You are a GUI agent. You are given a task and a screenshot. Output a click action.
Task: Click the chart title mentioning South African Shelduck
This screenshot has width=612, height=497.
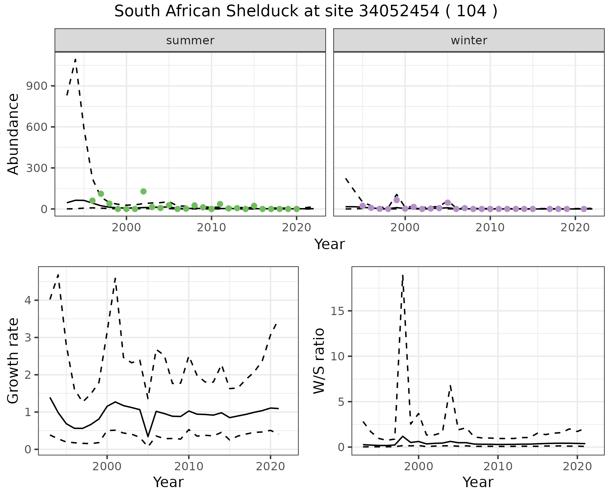(306, 11)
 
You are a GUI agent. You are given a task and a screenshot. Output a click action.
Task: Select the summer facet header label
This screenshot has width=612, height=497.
(190, 40)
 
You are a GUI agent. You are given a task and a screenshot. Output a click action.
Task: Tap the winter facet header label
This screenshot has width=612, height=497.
(469, 40)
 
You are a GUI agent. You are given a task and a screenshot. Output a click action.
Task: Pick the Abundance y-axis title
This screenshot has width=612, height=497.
(13, 134)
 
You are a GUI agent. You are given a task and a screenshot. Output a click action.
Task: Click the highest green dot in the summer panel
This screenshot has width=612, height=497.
(143, 191)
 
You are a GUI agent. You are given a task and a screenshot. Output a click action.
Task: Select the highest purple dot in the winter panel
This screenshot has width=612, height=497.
(397, 200)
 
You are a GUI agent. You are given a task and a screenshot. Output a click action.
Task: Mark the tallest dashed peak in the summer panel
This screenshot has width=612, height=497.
(75, 59)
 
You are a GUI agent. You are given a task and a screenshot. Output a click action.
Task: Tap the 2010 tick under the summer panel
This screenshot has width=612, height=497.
(211, 228)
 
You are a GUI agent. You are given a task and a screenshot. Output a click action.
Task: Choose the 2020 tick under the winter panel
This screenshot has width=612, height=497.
(575, 228)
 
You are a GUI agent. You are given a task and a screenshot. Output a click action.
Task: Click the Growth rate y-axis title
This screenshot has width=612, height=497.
(13, 361)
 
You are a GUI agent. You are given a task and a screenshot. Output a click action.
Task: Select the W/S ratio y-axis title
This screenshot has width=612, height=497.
(319, 361)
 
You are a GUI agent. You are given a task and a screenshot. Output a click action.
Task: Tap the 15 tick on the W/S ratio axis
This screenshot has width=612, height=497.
(338, 311)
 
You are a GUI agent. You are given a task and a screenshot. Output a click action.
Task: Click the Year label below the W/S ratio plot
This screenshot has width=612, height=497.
(478, 482)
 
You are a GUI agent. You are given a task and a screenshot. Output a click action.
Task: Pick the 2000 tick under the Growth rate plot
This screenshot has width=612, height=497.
(107, 467)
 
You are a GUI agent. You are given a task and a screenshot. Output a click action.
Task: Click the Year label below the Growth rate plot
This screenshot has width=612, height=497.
(168, 482)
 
